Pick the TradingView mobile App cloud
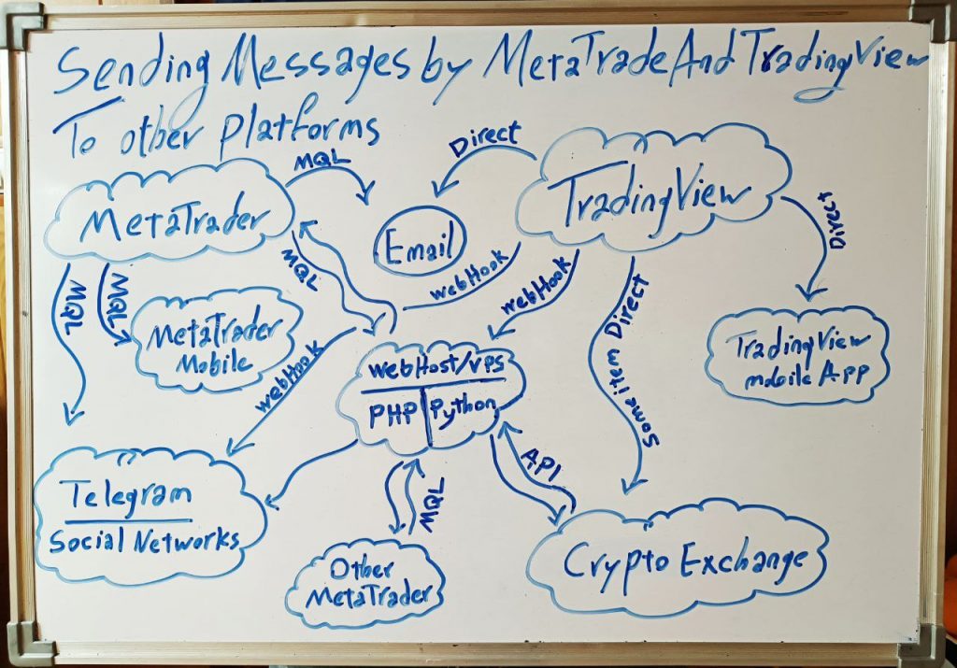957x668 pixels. point(797,355)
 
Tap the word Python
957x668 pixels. point(464,408)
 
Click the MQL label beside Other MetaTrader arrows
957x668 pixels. point(433,505)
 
